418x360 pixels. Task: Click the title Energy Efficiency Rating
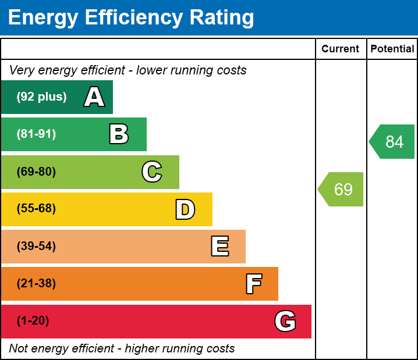coord(131,18)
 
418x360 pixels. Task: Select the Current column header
coord(341,49)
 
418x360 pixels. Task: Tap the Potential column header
coord(392,49)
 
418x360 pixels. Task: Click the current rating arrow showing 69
coord(342,189)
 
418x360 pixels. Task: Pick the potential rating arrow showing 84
coord(393,141)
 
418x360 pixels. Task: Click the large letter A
coord(94,97)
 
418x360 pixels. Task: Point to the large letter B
coord(119,134)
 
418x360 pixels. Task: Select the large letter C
coord(152,172)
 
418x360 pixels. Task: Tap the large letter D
coord(185,209)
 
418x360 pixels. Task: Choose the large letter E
coord(219,247)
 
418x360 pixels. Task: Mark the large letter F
coord(253,284)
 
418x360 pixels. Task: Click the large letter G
coord(285,321)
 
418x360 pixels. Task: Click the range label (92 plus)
coord(41,97)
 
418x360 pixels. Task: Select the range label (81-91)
coord(36,134)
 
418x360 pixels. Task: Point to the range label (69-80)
coord(36,172)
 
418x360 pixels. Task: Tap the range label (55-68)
coord(36,209)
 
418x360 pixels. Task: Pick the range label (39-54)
coord(36,247)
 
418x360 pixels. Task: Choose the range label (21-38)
coord(36,284)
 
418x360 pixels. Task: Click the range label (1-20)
coord(33,321)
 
